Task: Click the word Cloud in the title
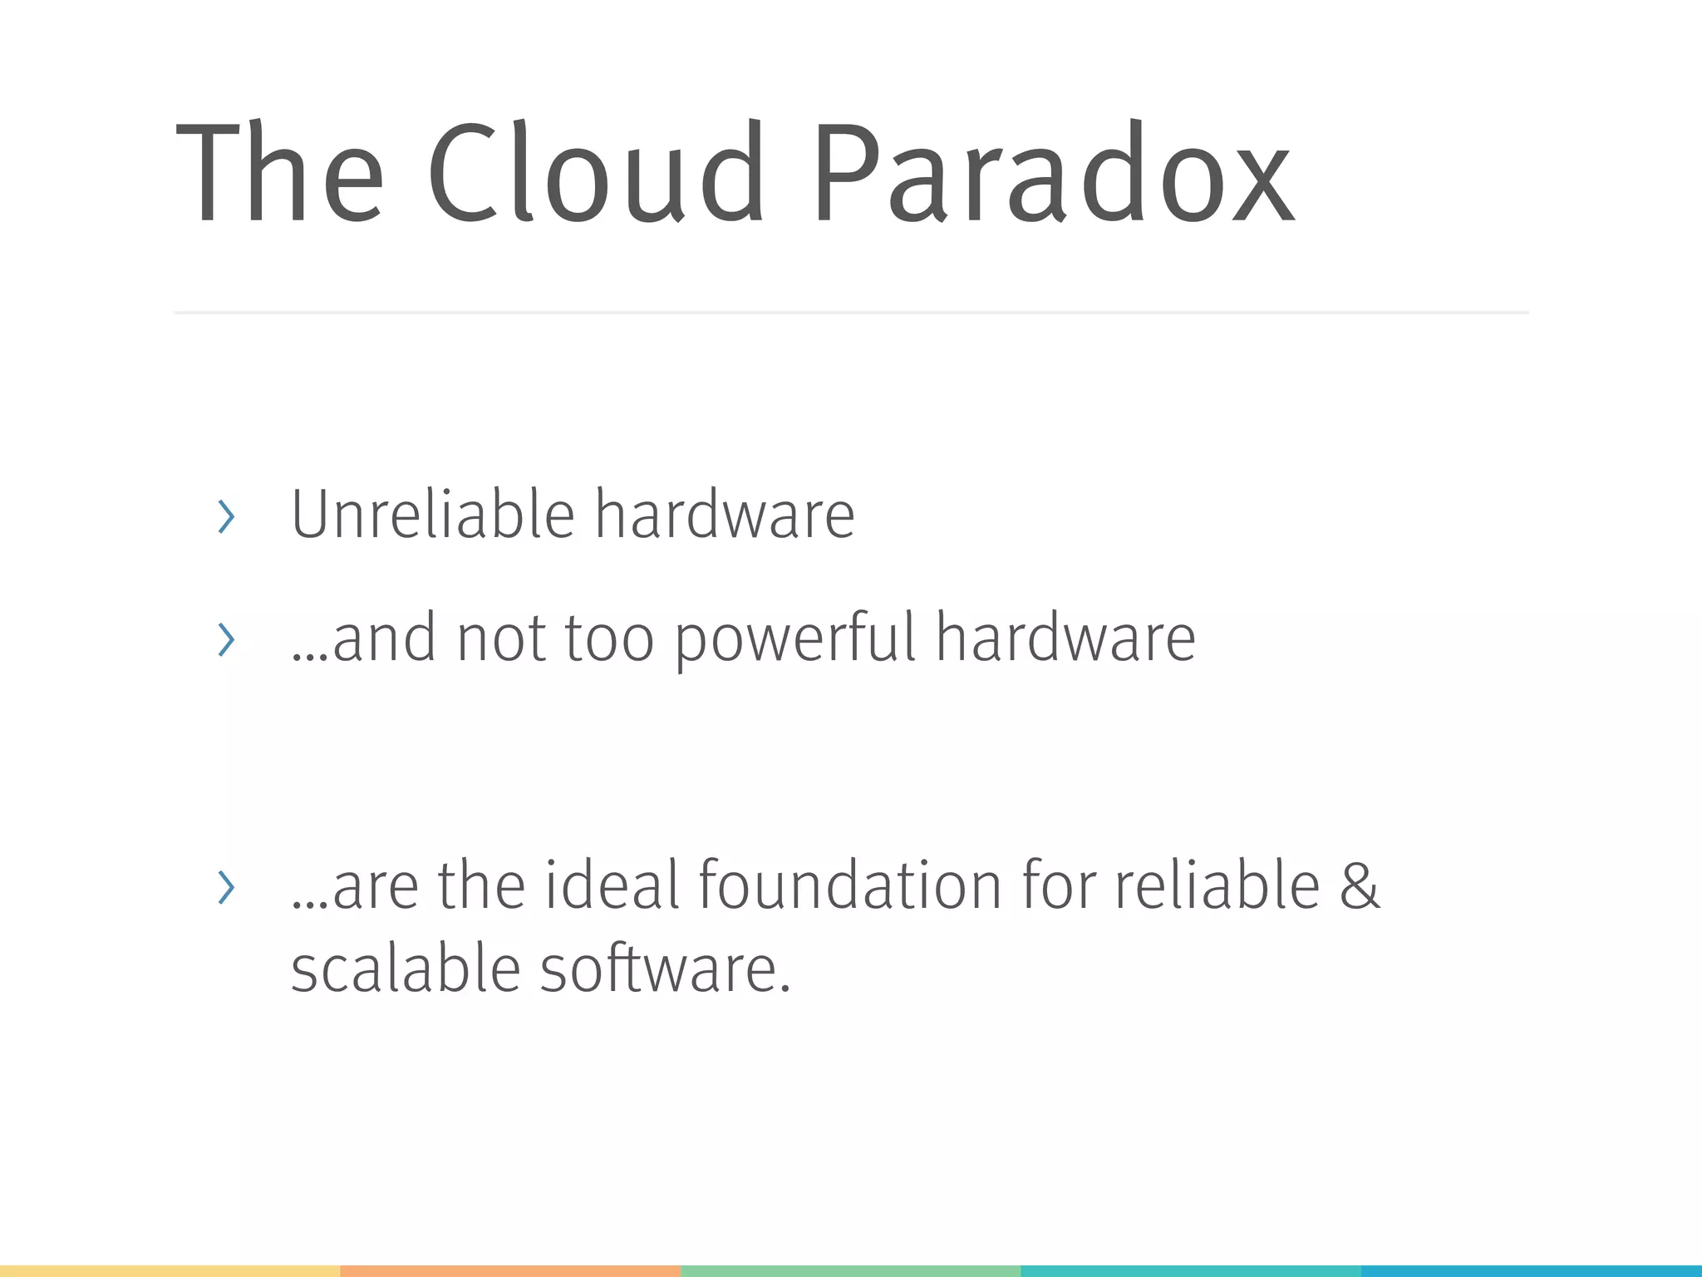click(595, 173)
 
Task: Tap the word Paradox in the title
click(1052, 173)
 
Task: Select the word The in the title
click(279, 173)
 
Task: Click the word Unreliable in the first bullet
click(432, 515)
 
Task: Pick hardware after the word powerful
click(1065, 638)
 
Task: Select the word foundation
click(850, 885)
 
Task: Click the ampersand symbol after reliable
click(1360, 886)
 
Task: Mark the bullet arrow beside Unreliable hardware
click(225, 517)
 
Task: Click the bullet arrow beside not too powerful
click(225, 639)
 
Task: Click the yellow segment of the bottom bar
click(170, 1271)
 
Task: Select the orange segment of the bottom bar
click(510, 1271)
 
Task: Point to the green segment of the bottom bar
click(850, 1271)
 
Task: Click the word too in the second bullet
click(609, 638)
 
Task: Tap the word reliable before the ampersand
click(1217, 885)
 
